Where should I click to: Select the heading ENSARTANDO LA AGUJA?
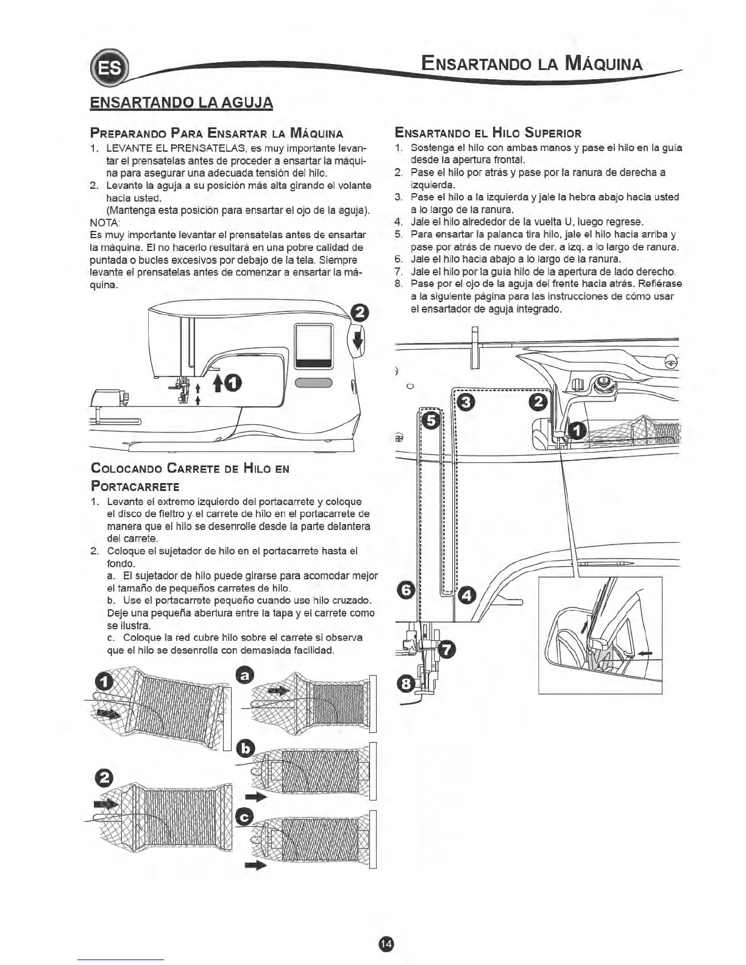pyautogui.click(x=181, y=102)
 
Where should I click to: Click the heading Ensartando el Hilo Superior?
pyautogui.click(x=488, y=133)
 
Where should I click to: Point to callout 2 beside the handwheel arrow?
pyautogui.click(x=361, y=314)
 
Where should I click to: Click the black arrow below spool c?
pyautogui.click(x=257, y=865)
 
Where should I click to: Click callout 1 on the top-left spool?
pyautogui.click(x=105, y=683)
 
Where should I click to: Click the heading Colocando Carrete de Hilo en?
pyautogui.click(x=190, y=468)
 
